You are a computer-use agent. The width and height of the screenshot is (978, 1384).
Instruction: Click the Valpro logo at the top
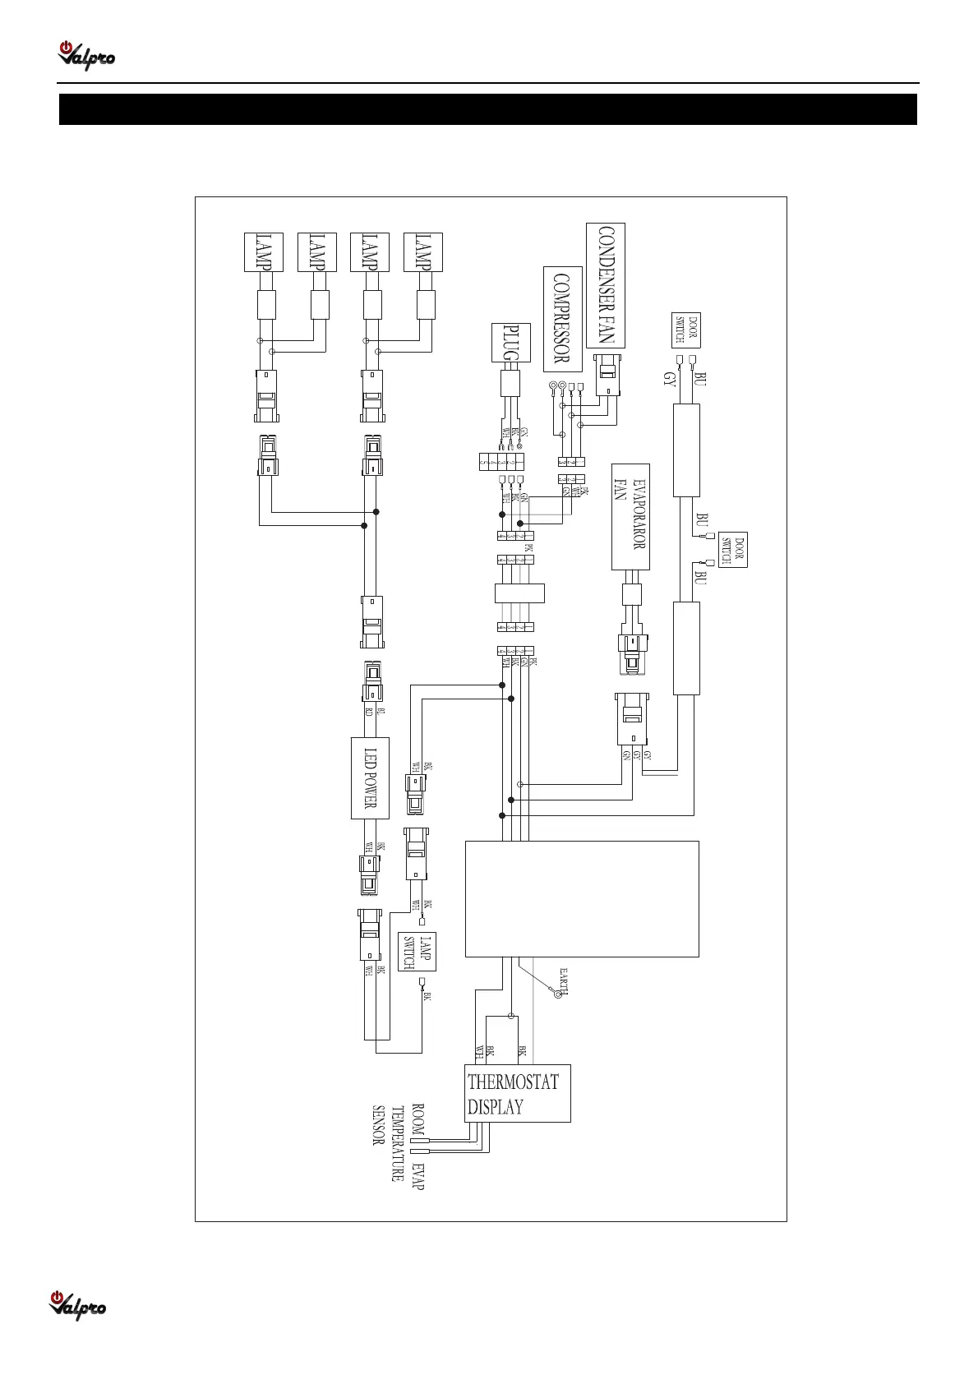click(x=85, y=56)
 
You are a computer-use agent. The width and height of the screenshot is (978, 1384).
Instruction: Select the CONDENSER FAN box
click(x=606, y=285)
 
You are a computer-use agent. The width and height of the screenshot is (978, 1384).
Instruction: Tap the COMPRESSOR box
click(x=563, y=319)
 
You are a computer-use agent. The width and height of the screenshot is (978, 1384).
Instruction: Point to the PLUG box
click(x=511, y=344)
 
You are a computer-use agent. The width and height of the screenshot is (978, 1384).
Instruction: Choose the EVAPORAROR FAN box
click(x=631, y=516)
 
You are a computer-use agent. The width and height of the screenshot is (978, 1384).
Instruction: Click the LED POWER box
click(x=370, y=777)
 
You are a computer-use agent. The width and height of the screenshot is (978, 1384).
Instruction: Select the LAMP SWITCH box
click(x=417, y=952)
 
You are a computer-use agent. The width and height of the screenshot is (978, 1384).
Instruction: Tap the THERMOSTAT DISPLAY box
click(x=517, y=1093)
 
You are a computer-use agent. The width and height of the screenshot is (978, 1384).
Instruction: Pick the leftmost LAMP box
click(x=264, y=252)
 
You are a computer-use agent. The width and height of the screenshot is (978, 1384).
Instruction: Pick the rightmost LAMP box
click(x=423, y=252)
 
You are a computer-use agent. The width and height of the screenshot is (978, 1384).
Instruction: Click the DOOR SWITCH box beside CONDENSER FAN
click(x=686, y=331)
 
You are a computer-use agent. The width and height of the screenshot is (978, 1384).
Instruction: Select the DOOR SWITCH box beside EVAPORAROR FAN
click(x=732, y=550)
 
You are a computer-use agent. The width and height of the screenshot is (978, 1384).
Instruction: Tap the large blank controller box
click(x=582, y=898)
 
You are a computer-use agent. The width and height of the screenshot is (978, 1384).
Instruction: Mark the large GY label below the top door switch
click(x=670, y=380)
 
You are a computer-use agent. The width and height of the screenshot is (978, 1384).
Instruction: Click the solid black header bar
click(x=488, y=109)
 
